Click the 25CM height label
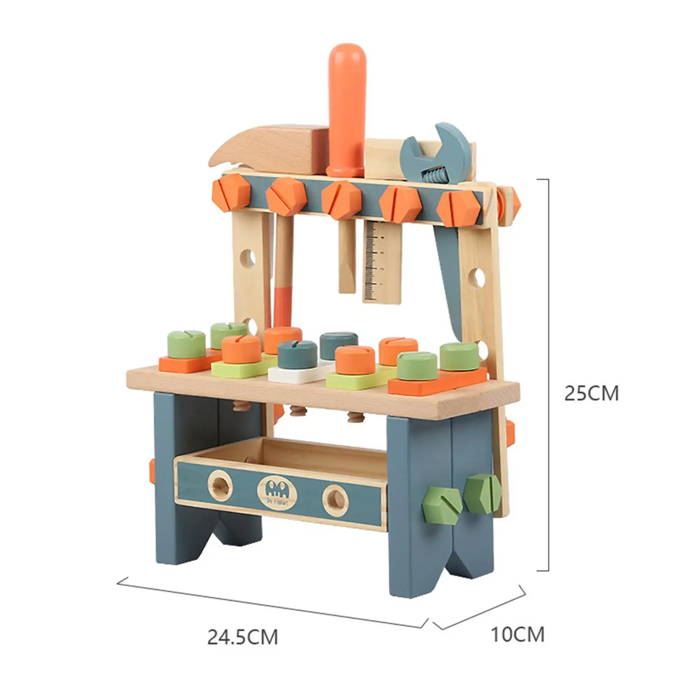point(591,393)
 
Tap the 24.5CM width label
point(243,637)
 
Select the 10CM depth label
point(517,634)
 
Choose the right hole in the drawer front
point(336,500)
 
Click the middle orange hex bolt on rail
point(341,200)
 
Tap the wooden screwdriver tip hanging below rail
point(347,258)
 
